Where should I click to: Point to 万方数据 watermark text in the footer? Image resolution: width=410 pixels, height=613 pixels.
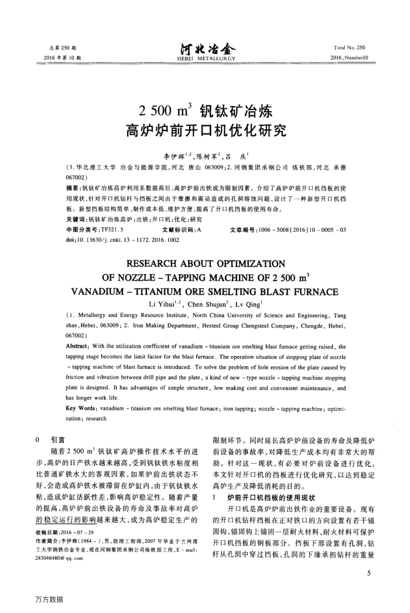point(49,600)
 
